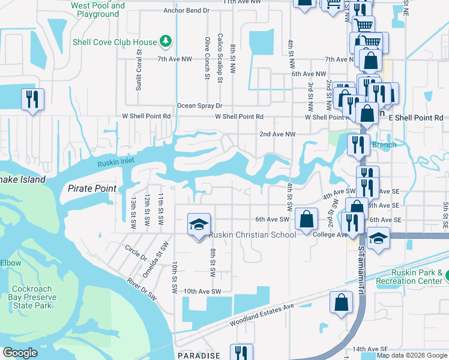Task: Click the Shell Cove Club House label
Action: click(114, 42)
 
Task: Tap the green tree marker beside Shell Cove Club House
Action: click(166, 42)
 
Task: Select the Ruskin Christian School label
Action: click(253, 235)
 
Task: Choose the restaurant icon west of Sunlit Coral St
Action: click(32, 99)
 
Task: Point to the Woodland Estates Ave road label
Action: click(262, 315)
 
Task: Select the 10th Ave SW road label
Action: click(203, 291)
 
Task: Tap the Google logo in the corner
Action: click(20, 353)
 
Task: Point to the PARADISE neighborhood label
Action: click(199, 356)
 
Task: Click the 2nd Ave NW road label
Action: click(277, 134)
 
